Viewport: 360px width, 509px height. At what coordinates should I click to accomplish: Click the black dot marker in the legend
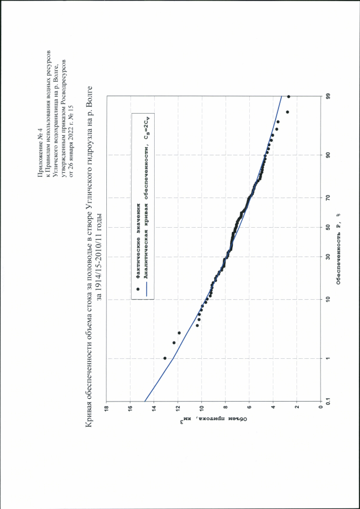(x=138, y=289)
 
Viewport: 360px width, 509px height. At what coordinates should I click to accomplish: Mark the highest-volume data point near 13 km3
(x=164, y=358)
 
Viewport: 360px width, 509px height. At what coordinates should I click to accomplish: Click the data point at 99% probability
(x=288, y=97)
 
